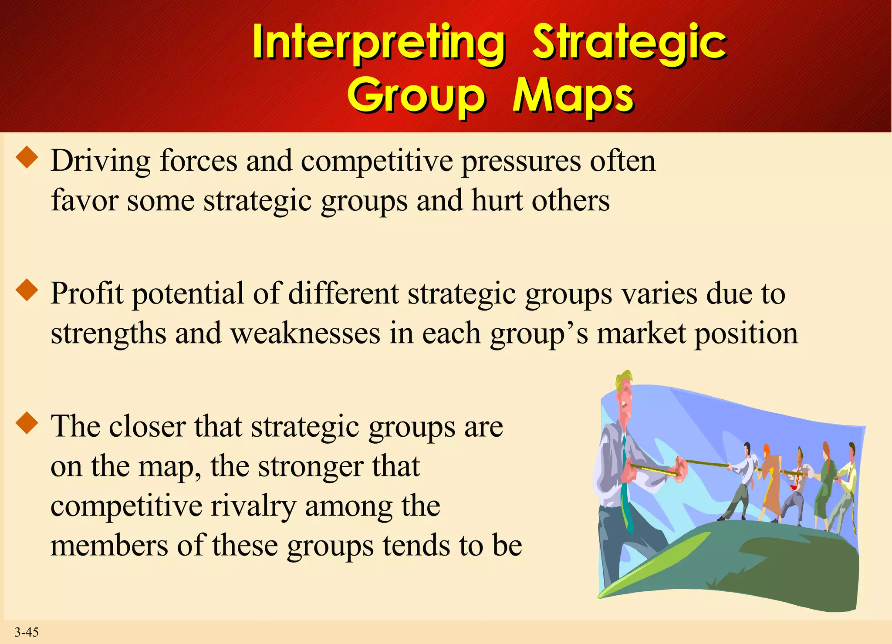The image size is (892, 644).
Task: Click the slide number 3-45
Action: click(x=27, y=632)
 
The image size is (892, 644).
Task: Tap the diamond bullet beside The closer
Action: click(x=27, y=423)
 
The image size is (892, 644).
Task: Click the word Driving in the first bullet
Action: click(x=100, y=161)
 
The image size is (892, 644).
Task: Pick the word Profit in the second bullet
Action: click(x=87, y=293)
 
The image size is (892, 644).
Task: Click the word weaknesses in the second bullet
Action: click(x=305, y=334)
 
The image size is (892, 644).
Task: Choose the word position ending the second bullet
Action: click(x=746, y=334)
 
